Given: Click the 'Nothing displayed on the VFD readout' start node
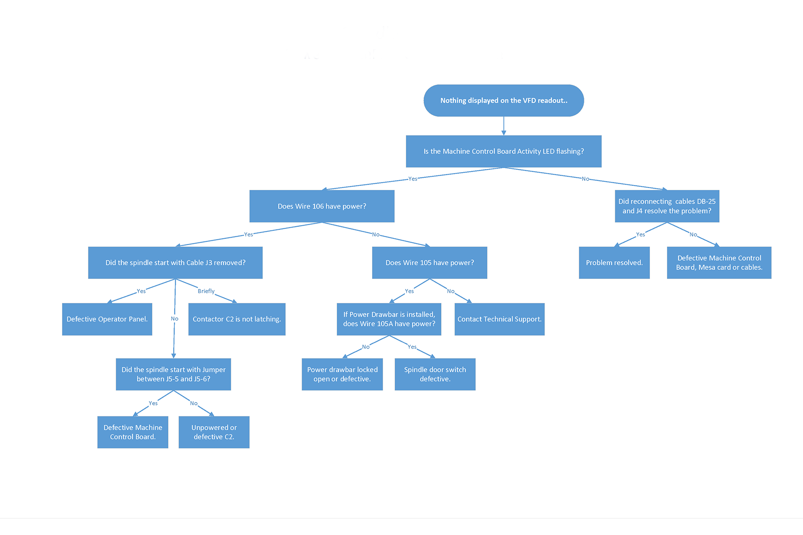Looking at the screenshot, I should (x=504, y=101).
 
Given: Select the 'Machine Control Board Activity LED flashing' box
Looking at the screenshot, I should (x=504, y=152).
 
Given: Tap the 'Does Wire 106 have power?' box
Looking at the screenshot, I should (x=322, y=206).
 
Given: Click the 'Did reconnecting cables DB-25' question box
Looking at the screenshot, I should (x=667, y=206).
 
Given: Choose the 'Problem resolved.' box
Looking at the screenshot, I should (x=614, y=263).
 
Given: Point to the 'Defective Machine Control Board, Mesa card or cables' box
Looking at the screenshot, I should (x=719, y=263).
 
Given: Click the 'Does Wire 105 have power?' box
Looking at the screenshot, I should (x=430, y=263).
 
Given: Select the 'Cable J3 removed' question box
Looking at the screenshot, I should (x=175, y=263).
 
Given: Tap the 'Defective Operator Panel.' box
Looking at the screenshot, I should (x=107, y=319).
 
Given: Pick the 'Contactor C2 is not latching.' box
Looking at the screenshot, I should (x=237, y=319).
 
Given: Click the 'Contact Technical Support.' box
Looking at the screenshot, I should (x=499, y=319).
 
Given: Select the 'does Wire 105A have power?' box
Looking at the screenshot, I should (x=389, y=319).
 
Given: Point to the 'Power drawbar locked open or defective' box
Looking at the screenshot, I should (x=342, y=374).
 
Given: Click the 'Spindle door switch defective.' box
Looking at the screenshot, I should (x=435, y=374).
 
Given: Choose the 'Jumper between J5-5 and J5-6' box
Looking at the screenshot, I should (x=174, y=374).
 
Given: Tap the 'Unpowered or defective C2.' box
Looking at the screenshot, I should (x=214, y=432).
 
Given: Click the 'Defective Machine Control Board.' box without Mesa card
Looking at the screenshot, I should (x=133, y=432).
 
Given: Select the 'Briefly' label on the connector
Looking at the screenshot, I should (x=206, y=291).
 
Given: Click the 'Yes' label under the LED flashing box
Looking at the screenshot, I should (x=413, y=179).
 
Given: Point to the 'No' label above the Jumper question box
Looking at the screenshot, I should (x=174, y=319).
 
